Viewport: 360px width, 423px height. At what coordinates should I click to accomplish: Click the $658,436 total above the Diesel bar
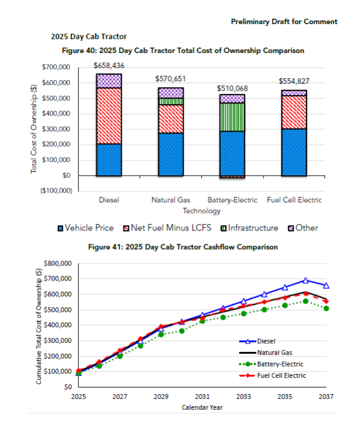tap(109, 66)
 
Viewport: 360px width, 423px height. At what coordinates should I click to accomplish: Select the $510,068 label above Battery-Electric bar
tap(232, 88)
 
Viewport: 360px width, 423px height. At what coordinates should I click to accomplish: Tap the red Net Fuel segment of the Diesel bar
tap(109, 116)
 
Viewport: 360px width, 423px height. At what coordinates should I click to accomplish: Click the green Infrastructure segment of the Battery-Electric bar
tap(232, 117)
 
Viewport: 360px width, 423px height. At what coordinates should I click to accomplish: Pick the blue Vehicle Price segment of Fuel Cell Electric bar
tap(294, 152)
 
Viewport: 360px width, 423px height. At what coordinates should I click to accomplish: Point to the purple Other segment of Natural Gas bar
tap(171, 93)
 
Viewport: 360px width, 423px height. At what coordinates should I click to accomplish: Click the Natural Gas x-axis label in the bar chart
tap(171, 200)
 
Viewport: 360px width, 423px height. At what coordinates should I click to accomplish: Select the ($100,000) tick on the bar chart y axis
tap(57, 191)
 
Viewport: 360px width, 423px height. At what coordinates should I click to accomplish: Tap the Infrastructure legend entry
tap(250, 228)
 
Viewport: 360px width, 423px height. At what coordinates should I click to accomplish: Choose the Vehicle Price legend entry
tap(86, 228)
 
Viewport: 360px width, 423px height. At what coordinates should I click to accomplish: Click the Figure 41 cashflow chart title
tap(183, 247)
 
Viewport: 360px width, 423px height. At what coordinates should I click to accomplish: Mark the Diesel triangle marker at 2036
tap(305, 280)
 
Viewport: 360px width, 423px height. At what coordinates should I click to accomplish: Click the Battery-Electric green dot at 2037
tap(326, 308)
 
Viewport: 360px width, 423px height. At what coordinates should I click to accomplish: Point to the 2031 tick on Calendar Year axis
tap(202, 397)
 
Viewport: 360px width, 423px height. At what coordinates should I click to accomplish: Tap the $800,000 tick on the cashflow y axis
tap(58, 264)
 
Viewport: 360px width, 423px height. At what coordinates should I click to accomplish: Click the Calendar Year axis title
tap(202, 407)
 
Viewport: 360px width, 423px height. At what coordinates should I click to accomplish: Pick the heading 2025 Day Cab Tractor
tap(88, 37)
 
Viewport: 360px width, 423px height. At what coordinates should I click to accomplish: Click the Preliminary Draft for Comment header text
tap(284, 22)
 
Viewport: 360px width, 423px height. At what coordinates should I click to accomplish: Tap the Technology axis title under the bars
tap(202, 211)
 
